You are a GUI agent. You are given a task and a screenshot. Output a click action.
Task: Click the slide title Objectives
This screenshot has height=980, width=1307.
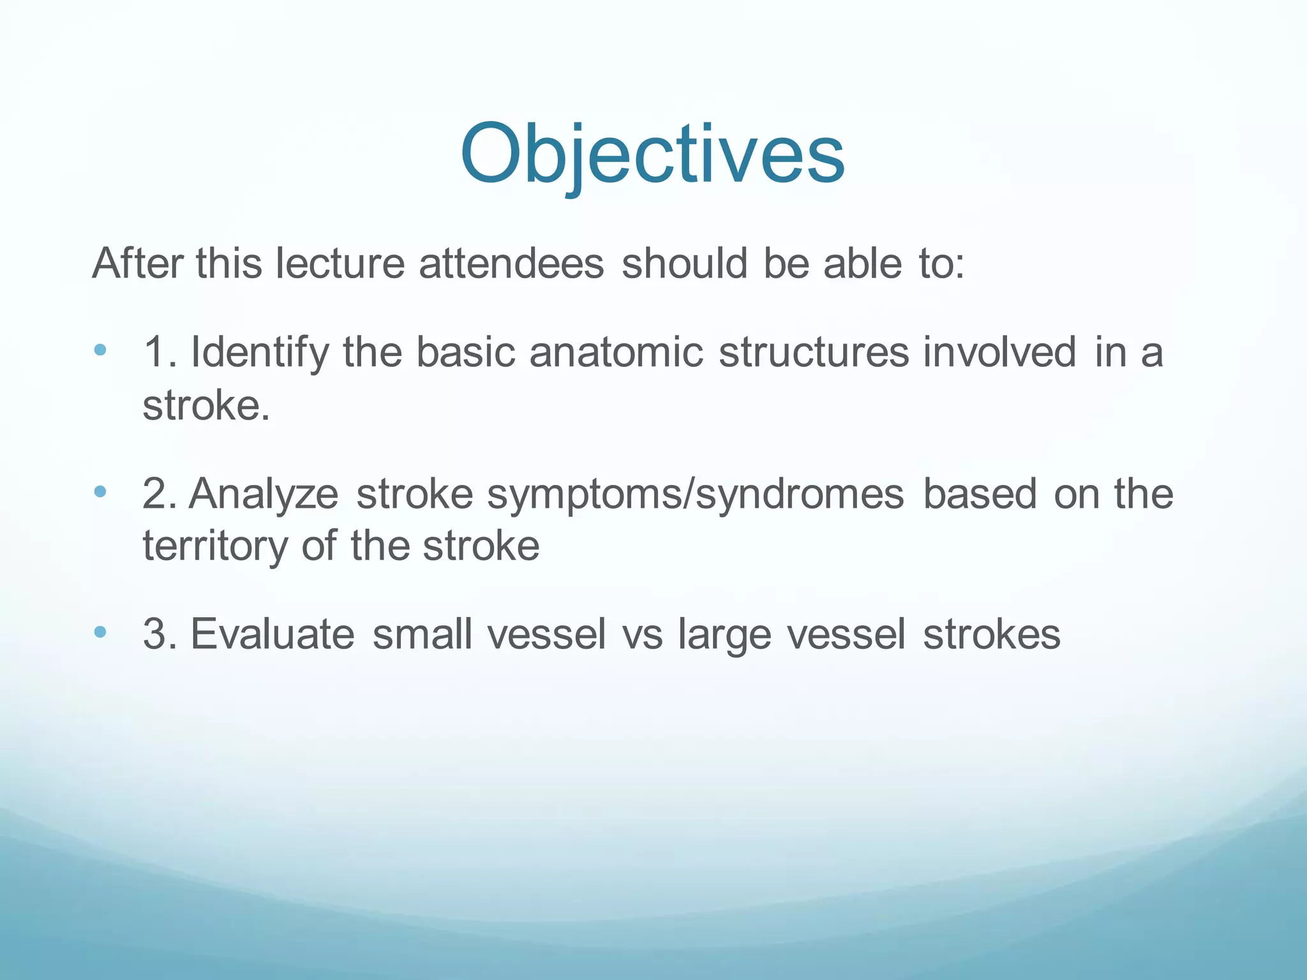coord(652,155)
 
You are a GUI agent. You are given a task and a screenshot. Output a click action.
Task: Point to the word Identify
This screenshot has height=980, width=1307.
coord(259,353)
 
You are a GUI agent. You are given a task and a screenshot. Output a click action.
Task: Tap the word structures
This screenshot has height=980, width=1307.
coord(813,352)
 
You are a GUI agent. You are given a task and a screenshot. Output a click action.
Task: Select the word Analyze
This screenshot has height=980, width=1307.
coord(263,494)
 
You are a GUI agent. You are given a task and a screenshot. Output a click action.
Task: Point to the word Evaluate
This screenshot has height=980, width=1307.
coord(272,634)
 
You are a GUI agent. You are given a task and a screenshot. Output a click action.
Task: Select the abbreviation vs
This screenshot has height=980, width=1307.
coord(642,635)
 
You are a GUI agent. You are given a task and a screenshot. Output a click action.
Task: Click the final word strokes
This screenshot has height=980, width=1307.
coord(991,634)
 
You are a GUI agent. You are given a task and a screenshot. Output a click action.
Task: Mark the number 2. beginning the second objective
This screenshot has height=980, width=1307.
coord(160,494)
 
